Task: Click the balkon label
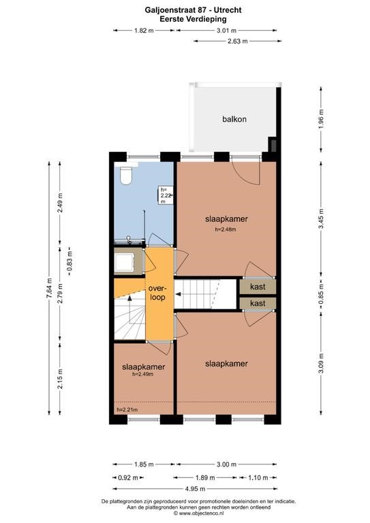coord(234,119)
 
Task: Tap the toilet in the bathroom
coord(126,176)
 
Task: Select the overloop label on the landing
coord(157,293)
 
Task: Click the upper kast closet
coord(258,287)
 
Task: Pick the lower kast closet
coord(258,303)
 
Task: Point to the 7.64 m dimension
coord(49,288)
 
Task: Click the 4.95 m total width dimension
coord(195,489)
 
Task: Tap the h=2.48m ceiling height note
coord(226,229)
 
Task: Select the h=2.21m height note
coord(127,409)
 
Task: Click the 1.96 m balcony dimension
coord(321,119)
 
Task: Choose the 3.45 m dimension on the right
coord(321,219)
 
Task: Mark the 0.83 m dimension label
coord(70,261)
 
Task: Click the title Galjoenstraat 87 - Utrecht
coord(193,10)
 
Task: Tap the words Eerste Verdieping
coord(193,19)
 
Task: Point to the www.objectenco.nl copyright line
coord(198,513)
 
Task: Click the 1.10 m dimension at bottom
coord(258,477)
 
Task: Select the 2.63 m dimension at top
coord(238,42)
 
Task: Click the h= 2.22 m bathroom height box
coord(166,195)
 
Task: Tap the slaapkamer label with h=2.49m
coord(144,367)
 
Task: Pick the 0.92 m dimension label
coord(128,477)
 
